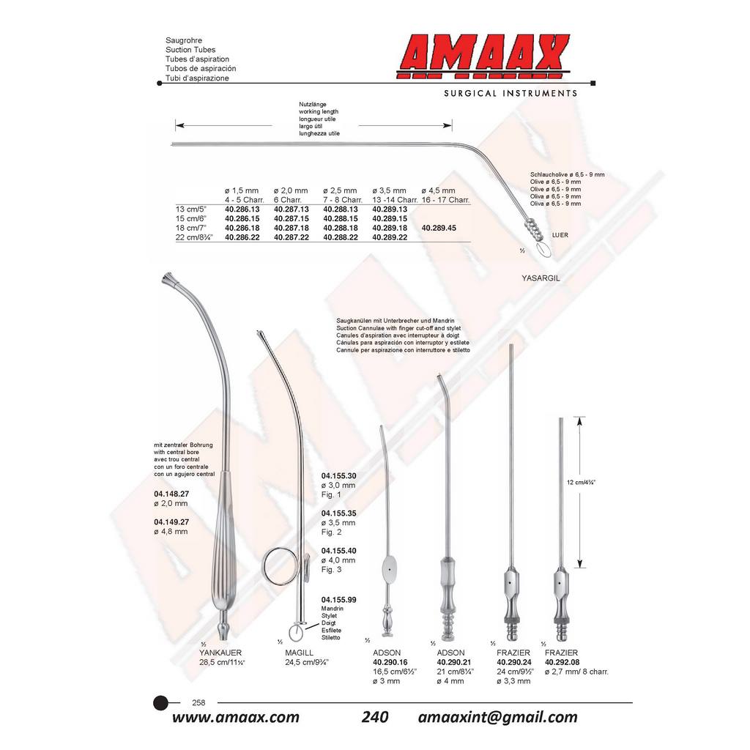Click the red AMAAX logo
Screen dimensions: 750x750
pyautogui.click(x=483, y=56)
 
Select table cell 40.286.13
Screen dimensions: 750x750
pyautogui.click(x=242, y=209)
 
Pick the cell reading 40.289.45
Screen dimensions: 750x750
pyautogui.click(x=439, y=229)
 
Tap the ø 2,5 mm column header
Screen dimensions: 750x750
pyautogui.click(x=340, y=191)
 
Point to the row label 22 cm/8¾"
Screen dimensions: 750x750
pyautogui.click(x=194, y=237)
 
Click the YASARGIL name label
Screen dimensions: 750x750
pyautogui.click(x=541, y=278)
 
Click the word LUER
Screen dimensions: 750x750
pyautogui.click(x=560, y=235)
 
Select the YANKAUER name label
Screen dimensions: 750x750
pyautogui.click(x=220, y=653)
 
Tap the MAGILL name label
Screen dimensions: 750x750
pyautogui.click(x=300, y=653)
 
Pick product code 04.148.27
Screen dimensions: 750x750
pyautogui.click(x=171, y=494)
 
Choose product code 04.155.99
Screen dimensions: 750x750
pyautogui.click(x=338, y=600)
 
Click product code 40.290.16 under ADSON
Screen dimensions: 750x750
pyautogui.click(x=390, y=662)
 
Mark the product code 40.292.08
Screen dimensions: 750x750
pyautogui.click(x=562, y=662)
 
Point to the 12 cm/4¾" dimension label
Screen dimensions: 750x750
pyautogui.click(x=581, y=483)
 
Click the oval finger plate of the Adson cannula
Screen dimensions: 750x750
pyautogui.click(x=390, y=570)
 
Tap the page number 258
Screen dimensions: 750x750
pyautogui.click(x=198, y=702)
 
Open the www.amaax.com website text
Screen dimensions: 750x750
pyautogui.click(x=236, y=718)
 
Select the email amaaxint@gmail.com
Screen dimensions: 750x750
pyautogui.click(x=497, y=718)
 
